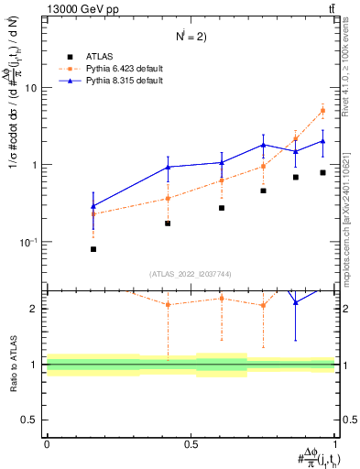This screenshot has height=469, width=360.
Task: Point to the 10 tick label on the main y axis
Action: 30,88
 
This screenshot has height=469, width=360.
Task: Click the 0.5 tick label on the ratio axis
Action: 30,420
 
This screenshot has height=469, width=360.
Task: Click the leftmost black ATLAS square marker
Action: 93,249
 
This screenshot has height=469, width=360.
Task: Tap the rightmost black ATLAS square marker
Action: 322,172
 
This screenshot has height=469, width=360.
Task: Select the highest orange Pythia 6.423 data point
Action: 322,111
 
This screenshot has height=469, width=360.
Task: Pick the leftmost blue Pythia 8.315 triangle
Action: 93,206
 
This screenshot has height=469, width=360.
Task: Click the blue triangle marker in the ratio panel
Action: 295,302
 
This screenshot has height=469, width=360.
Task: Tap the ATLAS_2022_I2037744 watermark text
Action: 191,273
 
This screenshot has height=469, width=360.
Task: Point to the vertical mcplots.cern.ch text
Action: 352,211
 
